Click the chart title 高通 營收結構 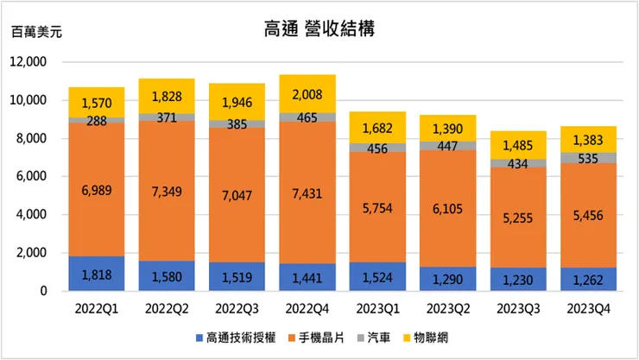[x=319, y=28]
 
